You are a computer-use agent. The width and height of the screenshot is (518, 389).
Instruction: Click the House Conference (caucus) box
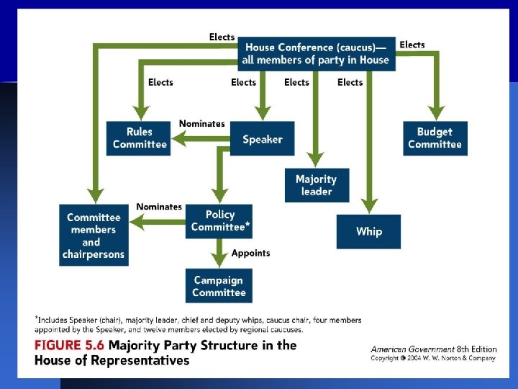coord(316,54)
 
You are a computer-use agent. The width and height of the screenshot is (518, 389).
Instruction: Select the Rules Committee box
coord(140,138)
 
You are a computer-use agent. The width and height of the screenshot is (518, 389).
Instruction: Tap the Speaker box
coord(262,139)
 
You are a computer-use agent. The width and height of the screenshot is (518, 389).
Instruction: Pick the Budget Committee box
coord(435,138)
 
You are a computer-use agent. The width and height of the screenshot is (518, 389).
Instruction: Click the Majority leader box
coord(317,185)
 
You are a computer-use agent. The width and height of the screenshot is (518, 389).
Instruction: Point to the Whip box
coord(368,231)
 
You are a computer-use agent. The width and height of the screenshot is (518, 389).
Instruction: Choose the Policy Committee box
coord(220,220)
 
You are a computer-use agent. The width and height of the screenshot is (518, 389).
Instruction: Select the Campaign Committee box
coord(219,286)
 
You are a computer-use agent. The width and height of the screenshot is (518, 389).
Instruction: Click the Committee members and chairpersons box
coord(94,235)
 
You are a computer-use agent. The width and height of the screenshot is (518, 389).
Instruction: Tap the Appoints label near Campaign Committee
coord(251,253)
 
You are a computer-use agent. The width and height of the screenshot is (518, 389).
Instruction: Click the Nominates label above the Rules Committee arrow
coord(201,124)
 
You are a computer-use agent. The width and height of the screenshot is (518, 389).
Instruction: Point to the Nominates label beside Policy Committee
coord(159,207)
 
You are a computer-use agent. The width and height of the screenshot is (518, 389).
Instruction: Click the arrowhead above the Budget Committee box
coord(435,113)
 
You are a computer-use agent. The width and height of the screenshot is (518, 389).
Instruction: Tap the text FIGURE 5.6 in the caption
coord(68,345)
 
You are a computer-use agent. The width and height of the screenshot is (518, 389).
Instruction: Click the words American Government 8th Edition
coord(433,349)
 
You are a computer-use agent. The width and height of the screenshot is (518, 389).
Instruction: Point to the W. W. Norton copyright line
coord(433,358)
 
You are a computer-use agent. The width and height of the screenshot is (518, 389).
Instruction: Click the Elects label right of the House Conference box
coord(412,45)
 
